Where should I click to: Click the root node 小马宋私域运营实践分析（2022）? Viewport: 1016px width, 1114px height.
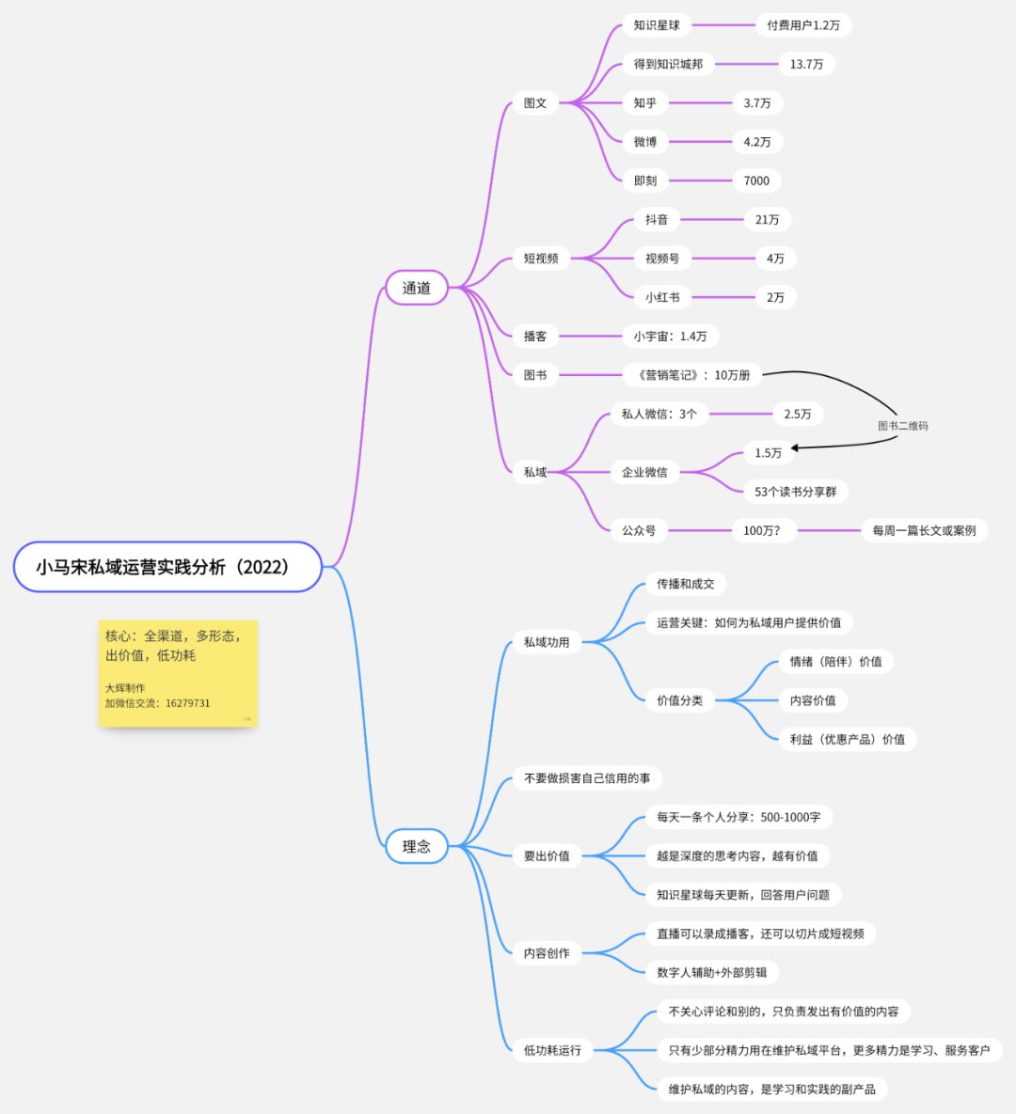pyautogui.click(x=167, y=567)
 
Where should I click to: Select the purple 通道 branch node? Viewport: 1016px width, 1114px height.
pyautogui.click(x=416, y=288)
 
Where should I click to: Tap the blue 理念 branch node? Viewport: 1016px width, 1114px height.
pyautogui.click(x=416, y=846)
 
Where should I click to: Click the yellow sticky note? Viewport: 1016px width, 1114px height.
pyautogui.click(x=178, y=672)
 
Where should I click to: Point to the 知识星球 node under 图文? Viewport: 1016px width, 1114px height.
pyautogui.click(x=657, y=25)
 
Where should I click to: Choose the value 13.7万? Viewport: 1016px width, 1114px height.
pyautogui.click(x=806, y=64)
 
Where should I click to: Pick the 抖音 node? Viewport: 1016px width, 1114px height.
pyautogui.click(x=657, y=220)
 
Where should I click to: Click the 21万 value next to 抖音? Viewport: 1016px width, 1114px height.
pyautogui.click(x=767, y=220)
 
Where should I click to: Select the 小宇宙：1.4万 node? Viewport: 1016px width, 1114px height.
pyautogui.click(x=670, y=337)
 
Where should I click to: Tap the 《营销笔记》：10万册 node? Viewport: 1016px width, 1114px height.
pyautogui.click(x=692, y=375)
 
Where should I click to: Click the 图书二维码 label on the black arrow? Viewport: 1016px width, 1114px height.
pyautogui.click(x=902, y=426)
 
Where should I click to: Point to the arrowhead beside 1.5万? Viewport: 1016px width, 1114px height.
pyautogui.click(x=796, y=448)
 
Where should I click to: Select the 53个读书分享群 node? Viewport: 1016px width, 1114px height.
pyautogui.click(x=795, y=492)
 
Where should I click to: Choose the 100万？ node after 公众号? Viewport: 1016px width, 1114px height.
pyautogui.click(x=761, y=530)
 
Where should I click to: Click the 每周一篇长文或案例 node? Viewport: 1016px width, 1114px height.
pyautogui.click(x=924, y=530)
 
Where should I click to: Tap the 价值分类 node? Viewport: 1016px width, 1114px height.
pyautogui.click(x=679, y=700)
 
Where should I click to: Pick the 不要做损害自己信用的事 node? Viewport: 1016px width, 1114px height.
pyautogui.click(x=587, y=778)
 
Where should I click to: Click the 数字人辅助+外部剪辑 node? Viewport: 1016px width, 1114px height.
pyautogui.click(x=711, y=972)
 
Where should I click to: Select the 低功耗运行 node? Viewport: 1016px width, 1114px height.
pyautogui.click(x=552, y=1050)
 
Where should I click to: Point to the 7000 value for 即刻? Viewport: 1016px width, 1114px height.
pyautogui.click(x=756, y=180)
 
